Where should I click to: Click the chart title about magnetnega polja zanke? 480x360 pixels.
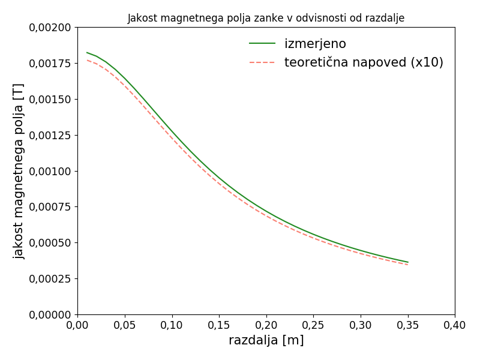coord(266,18)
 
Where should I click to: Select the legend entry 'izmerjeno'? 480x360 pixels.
coord(315,44)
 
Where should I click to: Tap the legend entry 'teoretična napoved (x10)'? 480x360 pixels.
coord(364,62)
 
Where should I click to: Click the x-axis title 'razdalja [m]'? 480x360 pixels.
coord(266,340)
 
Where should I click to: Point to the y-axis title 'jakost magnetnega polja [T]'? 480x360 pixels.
coord(19,171)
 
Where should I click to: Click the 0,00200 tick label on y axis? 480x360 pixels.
coord(50,28)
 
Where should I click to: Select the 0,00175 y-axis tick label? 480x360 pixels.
coord(50,64)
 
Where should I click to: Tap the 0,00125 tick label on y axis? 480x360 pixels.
coord(50,135)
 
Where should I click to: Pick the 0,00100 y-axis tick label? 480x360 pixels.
coord(50,171)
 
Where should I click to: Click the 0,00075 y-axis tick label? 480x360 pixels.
coord(50,207)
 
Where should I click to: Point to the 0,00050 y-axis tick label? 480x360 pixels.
coord(50,243)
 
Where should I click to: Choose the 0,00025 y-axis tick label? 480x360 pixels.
coord(50,279)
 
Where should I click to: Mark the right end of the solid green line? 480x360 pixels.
coord(408,262)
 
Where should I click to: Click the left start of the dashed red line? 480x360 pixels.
coord(87,59)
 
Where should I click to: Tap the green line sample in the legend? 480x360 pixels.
coord(262,44)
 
